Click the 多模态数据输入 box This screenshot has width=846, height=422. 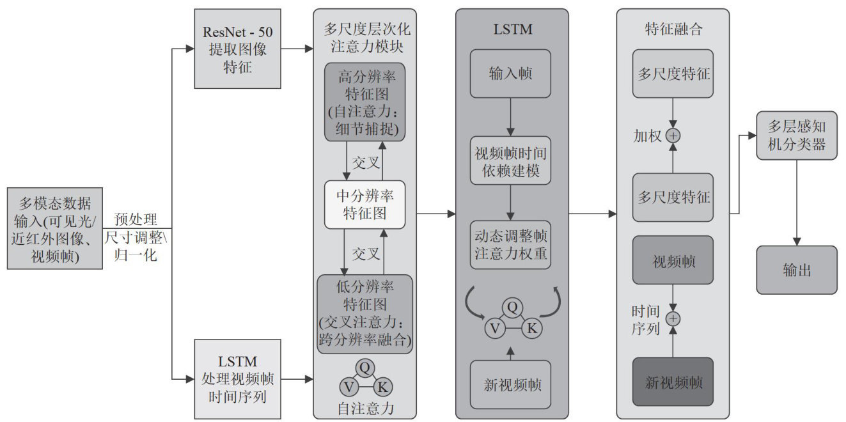(x=55, y=229)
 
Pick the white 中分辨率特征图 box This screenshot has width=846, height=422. (x=365, y=205)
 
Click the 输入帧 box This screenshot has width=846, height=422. (x=510, y=74)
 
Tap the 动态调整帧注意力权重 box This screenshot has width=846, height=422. (x=510, y=244)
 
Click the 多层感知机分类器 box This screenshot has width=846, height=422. (x=796, y=136)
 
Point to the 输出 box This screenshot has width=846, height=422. (x=796, y=270)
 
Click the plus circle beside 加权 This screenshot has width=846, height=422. (x=673, y=136)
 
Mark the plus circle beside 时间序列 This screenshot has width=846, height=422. (x=673, y=318)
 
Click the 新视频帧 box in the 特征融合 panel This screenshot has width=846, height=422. (x=673, y=382)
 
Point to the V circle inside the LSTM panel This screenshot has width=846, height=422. (x=494, y=329)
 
